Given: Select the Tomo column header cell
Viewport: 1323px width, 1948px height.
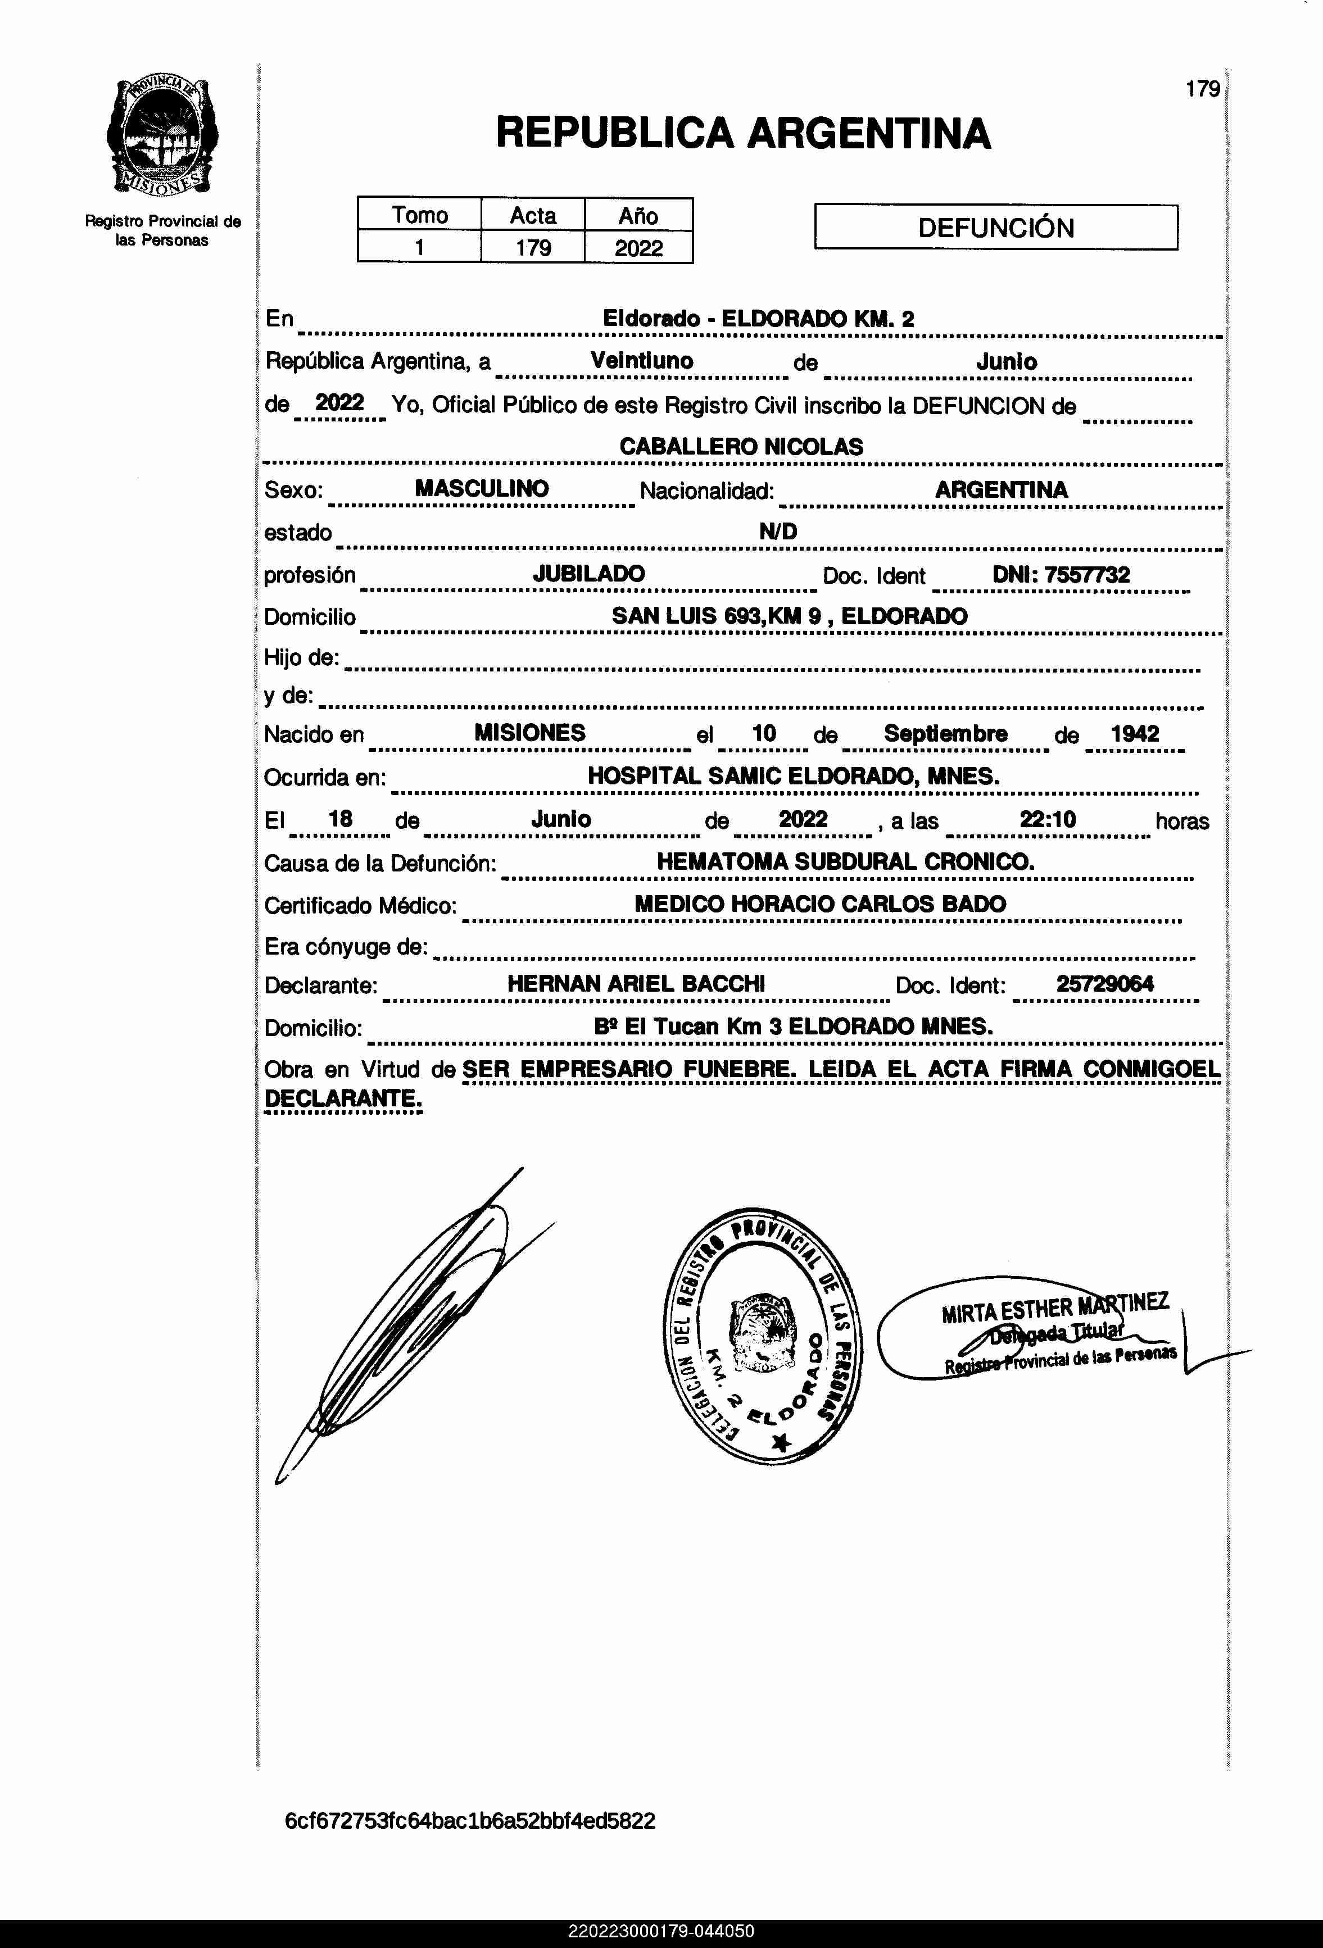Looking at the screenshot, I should (419, 215).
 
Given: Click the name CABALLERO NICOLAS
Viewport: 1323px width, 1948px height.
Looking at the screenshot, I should (741, 447).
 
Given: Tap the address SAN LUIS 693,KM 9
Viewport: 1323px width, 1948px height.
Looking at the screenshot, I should (716, 616).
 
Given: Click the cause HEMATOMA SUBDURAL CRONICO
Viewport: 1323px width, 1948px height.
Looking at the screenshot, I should (845, 862).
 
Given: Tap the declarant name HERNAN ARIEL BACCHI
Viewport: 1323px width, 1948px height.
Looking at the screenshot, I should (636, 984).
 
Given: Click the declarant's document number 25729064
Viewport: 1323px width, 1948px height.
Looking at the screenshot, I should (1104, 984).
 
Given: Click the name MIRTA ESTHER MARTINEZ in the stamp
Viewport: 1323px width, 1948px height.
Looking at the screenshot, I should (1055, 1309).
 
